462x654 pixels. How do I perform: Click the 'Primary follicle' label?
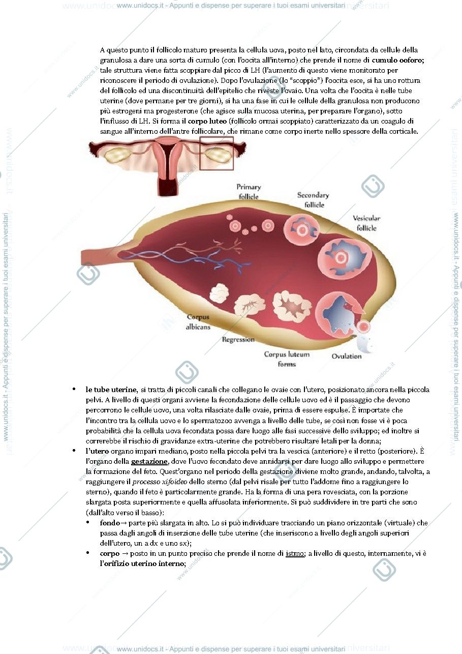point(249,192)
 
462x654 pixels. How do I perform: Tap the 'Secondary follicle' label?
point(313,200)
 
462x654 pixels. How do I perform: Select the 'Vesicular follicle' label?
point(366,223)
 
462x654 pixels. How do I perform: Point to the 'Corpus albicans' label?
point(198,322)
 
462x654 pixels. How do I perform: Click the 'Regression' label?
point(238,339)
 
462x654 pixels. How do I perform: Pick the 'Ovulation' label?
point(347,356)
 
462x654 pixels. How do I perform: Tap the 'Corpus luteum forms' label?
point(287,359)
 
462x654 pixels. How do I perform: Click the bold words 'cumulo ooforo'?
point(398,60)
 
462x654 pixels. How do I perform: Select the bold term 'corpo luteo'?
point(207,121)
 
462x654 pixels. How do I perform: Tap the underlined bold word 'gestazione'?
point(149,461)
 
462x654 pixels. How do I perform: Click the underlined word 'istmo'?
point(295,553)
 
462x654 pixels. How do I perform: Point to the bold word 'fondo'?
point(110,523)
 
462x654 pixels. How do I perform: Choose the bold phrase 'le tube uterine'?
point(111,390)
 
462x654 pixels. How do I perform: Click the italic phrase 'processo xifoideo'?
point(160,482)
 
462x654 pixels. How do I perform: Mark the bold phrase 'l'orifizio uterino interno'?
point(143,563)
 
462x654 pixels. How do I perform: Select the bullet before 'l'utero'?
point(74,451)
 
